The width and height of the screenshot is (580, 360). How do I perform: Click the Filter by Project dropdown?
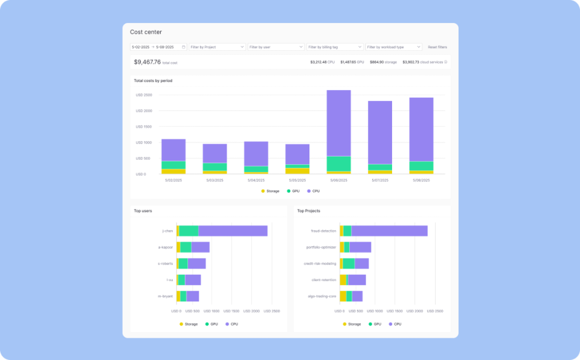click(x=217, y=47)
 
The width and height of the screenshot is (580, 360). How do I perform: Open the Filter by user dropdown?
click(x=275, y=47)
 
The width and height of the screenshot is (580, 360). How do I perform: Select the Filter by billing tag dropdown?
click(x=335, y=47)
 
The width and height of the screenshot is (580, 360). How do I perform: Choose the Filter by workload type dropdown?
click(x=393, y=47)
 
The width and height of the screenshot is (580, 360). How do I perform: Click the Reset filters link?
click(x=437, y=47)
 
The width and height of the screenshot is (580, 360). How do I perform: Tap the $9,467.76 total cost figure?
click(x=147, y=62)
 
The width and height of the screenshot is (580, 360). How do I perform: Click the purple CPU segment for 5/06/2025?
click(x=338, y=123)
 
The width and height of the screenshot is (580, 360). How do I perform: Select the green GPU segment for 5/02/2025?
click(x=173, y=165)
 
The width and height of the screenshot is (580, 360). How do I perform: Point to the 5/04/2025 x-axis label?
click(x=256, y=180)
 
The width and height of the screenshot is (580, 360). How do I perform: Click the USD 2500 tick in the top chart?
click(x=144, y=95)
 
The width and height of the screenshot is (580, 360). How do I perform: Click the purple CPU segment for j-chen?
click(x=233, y=231)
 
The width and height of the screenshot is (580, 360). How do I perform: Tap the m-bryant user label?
click(x=166, y=296)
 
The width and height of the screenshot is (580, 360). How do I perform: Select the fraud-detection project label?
click(x=324, y=231)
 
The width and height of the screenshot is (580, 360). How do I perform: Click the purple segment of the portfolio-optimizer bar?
click(x=360, y=247)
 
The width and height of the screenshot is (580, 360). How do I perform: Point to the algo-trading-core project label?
click(x=322, y=296)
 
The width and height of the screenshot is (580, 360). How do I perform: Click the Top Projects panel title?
click(x=308, y=211)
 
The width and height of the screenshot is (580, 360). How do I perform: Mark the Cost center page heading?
click(x=146, y=32)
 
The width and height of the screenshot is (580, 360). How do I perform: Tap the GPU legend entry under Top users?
click(x=211, y=324)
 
